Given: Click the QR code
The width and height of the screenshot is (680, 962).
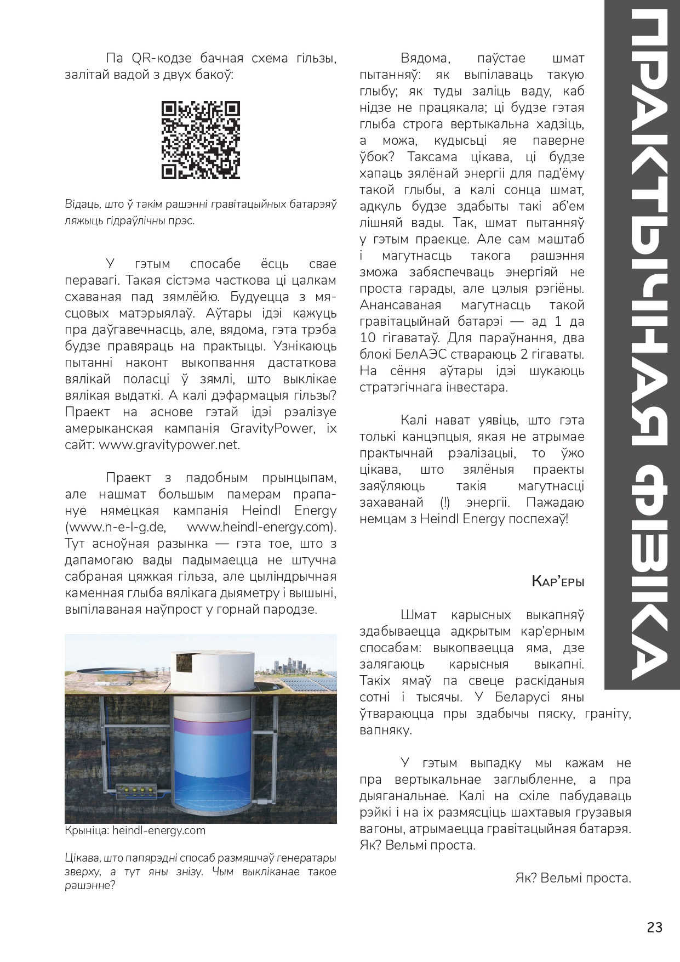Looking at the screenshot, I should [201, 140].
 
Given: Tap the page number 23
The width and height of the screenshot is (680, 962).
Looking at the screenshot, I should [654, 927].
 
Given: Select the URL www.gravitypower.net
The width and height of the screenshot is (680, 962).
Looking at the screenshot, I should [169, 445].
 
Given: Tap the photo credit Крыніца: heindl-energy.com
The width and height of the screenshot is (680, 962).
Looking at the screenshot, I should [135, 830].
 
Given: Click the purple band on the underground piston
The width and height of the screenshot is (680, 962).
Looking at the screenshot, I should [213, 724].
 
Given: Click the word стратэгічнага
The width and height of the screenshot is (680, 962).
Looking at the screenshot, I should [399, 387].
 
